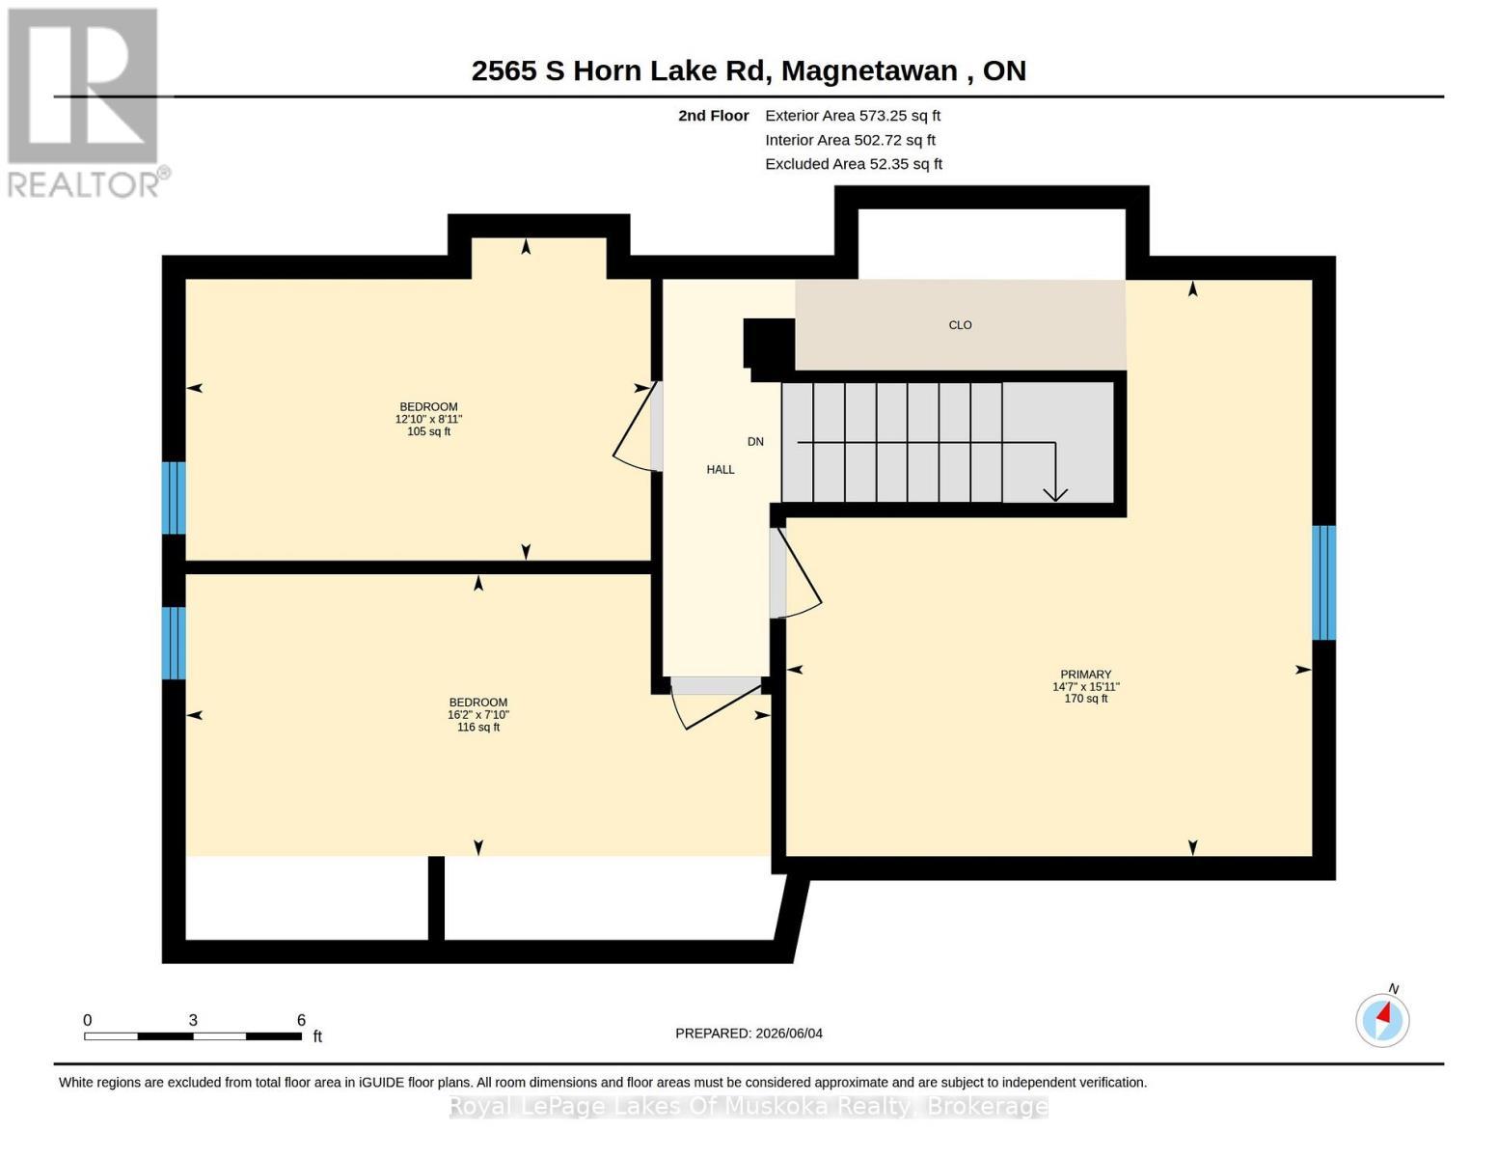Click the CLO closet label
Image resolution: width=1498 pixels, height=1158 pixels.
(960, 325)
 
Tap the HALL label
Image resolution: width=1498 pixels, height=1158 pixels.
(721, 470)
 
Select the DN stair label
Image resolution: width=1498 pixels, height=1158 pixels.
(755, 441)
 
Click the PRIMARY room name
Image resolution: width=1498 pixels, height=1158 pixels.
(1086, 674)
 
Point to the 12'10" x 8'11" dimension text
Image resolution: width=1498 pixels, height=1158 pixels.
(429, 420)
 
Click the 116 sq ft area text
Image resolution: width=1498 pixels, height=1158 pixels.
(478, 727)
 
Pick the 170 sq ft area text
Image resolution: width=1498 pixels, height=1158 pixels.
(1086, 698)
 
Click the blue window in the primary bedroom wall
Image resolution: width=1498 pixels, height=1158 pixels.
(1323, 583)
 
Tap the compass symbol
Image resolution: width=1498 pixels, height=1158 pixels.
(1382, 1020)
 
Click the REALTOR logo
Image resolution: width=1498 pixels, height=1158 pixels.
(86, 103)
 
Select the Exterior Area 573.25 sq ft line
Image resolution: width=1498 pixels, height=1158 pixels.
(853, 115)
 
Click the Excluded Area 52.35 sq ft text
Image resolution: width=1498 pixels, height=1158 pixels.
(854, 163)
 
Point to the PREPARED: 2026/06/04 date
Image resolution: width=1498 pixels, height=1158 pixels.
(749, 1034)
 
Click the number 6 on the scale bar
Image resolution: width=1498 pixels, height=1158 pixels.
(301, 1020)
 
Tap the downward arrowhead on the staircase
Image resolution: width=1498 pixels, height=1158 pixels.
(1054, 494)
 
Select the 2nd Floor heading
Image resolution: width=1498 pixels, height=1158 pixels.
(714, 115)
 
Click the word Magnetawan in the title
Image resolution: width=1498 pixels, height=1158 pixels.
(869, 70)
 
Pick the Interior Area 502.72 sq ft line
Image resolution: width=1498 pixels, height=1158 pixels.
(850, 140)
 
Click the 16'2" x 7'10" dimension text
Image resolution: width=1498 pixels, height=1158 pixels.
(478, 715)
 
